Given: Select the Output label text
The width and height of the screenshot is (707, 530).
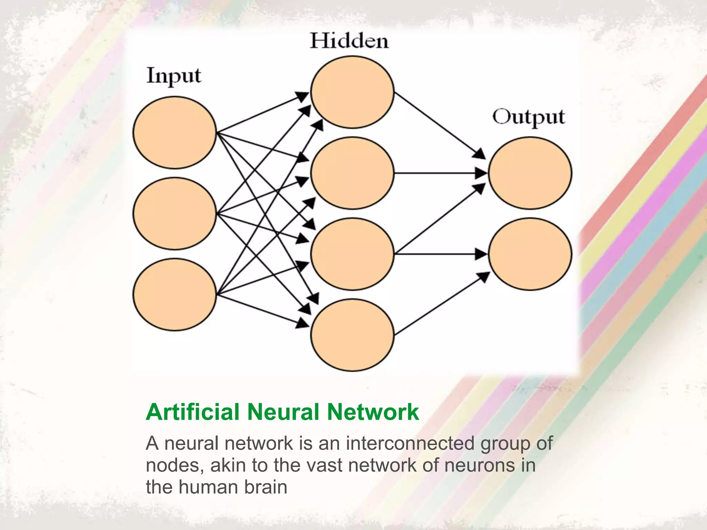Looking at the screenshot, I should pos(528,117).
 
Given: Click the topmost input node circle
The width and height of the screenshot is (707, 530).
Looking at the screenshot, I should pos(175,132).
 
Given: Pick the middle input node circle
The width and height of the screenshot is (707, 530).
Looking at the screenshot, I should pos(175,213).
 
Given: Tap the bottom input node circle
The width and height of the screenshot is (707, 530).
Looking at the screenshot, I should pos(175,294).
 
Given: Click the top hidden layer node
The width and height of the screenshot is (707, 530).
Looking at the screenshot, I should pos(352,92).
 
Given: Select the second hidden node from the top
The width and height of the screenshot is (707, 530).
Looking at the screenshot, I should pos(352,173).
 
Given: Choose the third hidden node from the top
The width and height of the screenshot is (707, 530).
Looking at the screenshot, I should pos(352,254).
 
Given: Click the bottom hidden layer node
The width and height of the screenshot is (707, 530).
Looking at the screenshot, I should pos(352,335).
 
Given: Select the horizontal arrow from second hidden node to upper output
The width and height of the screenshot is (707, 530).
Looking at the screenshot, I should pos(438,173).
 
